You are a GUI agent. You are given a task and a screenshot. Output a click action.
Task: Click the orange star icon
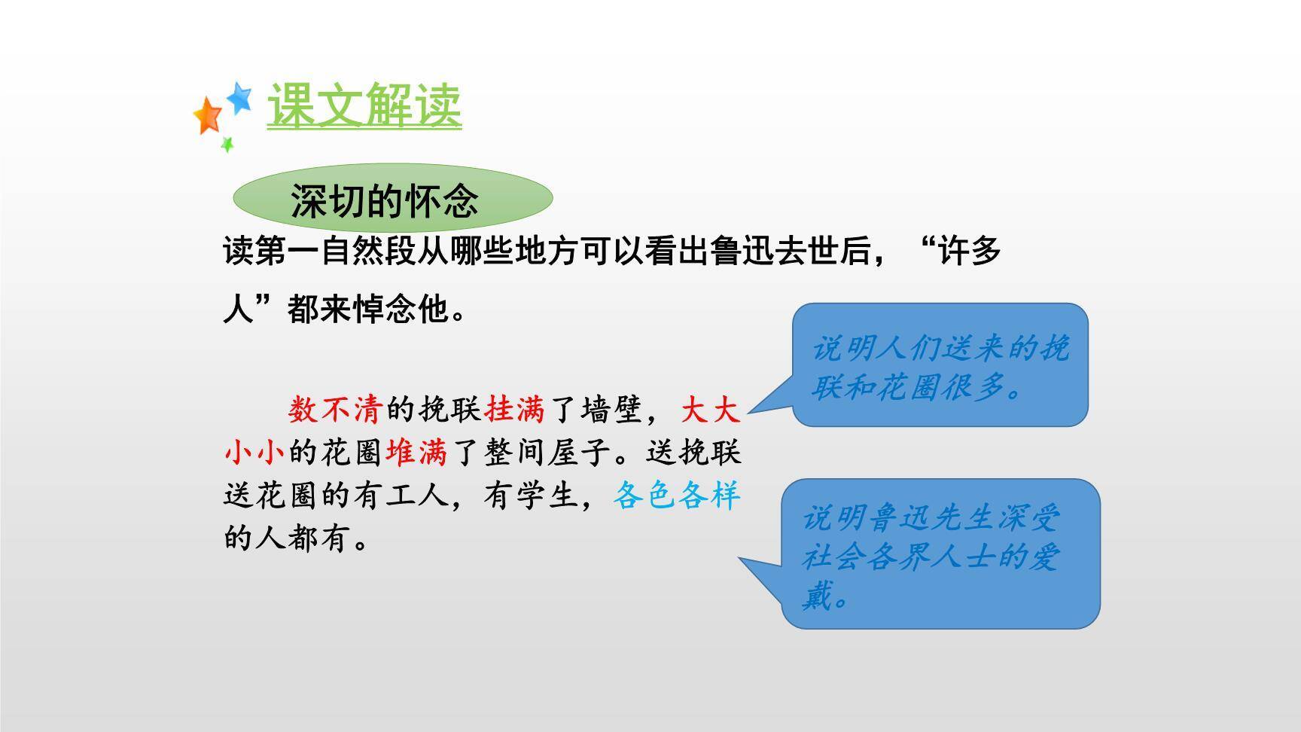coord(207,116)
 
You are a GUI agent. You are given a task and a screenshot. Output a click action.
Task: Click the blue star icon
coord(239,97)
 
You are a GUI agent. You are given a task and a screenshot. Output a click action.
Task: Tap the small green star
coord(227,144)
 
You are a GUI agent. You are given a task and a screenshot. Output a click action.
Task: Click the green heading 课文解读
coord(364,105)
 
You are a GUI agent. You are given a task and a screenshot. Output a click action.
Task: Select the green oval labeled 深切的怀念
coord(392,199)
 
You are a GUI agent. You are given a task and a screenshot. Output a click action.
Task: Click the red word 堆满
coord(416,453)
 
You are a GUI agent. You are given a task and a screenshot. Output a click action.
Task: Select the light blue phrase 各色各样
coord(676,496)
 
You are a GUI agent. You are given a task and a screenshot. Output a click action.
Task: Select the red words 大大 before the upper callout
coord(710,410)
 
